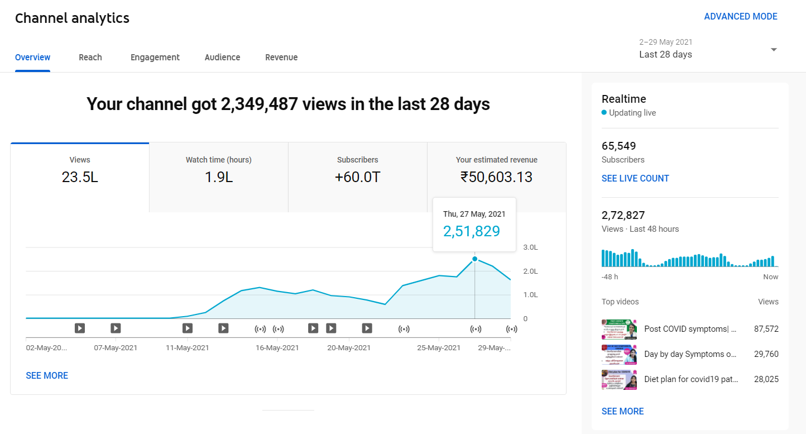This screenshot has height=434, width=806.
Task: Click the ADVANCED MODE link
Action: [740, 17]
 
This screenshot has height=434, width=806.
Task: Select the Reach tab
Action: [90, 57]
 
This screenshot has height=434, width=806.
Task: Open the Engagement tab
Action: [155, 57]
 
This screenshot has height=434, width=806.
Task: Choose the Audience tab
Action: [222, 57]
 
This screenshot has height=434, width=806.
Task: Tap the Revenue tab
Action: [281, 57]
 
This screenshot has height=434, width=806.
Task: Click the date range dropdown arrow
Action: [774, 49]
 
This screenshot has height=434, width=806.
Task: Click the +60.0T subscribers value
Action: [357, 178]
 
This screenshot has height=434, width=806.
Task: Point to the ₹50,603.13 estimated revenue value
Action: [496, 178]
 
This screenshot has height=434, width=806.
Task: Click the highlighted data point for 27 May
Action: [474, 259]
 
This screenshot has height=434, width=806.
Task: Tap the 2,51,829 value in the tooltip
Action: [471, 231]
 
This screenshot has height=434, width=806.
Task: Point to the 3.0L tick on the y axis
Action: [530, 247]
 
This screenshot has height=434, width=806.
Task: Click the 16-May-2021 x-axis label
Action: [277, 347]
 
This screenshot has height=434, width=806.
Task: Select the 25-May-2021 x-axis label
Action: [439, 347]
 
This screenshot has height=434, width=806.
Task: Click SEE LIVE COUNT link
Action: [635, 179]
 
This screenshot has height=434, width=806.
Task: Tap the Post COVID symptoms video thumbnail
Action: [619, 330]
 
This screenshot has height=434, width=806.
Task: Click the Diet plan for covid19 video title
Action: [691, 379]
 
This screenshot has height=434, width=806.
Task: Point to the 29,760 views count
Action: [766, 354]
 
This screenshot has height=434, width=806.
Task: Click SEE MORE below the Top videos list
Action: [622, 412]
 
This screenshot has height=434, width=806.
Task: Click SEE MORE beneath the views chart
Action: [47, 376]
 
